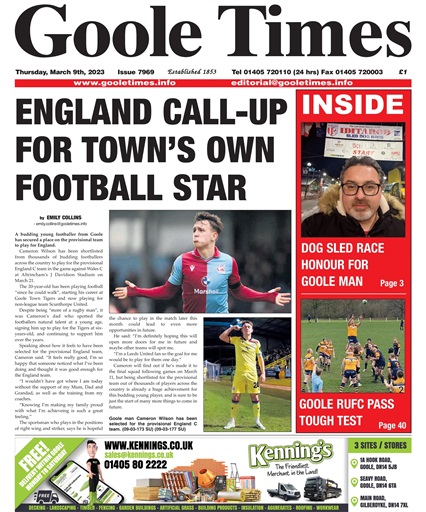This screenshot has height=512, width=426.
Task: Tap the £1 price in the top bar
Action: pos(402,72)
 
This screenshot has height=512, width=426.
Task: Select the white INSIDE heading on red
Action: pos(356,107)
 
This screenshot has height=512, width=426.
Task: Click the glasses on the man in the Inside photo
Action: pos(359,187)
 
